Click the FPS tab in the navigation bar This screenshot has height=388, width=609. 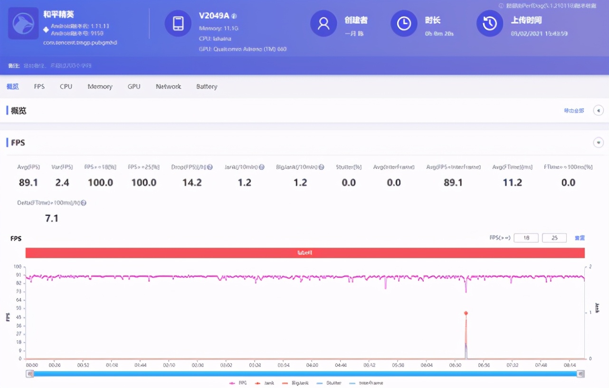pyautogui.click(x=39, y=87)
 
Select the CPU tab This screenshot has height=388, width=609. pyautogui.click(x=66, y=87)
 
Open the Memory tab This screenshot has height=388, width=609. pyautogui.click(x=100, y=87)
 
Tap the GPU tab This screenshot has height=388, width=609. pyautogui.click(x=134, y=87)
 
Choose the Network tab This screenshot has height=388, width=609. pyautogui.click(x=168, y=87)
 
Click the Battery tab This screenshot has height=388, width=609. pyautogui.click(x=207, y=87)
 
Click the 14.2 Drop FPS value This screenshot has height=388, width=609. pyautogui.click(x=192, y=183)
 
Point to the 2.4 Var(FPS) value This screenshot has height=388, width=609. pyautogui.click(x=62, y=183)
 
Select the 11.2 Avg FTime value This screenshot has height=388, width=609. pyautogui.click(x=513, y=183)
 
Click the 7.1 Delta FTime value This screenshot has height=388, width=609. pyautogui.click(x=51, y=218)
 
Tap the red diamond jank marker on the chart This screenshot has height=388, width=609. pyautogui.click(x=466, y=313)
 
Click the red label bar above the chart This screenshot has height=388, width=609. pyautogui.click(x=305, y=253)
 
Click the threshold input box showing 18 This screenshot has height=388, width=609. pyautogui.click(x=526, y=238)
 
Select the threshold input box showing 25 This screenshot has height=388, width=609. pyautogui.click(x=554, y=238)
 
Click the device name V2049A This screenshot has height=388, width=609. pyautogui.click(x=214, y=16)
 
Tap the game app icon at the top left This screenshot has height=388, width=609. pyautogui.click(x=23, y=23)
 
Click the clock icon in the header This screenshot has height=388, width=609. pyautogui.click(x=404, y=23)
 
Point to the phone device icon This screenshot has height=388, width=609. pyautogui.click(x=178, y=23)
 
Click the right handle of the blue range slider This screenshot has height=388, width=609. pyautogui.click(x=580, y=374)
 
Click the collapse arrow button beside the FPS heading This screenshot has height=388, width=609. pyautogui.click(x=599, y=142)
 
